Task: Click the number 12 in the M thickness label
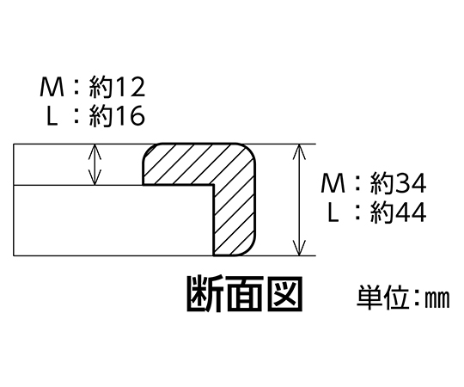point(129,87)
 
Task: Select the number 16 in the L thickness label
point(129,116)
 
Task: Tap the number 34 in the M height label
point(411,183)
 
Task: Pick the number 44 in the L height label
point(411,212)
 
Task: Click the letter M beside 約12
point(52,87)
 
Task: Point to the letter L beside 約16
point(52,116)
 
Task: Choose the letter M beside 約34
point(333,183)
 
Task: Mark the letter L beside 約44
point(333,212)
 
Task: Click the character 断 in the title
point(205,293)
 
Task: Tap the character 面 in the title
point(245,293)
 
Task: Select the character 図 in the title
point(285,293)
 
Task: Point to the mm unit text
point(437,299)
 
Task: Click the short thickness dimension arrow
point(95,164)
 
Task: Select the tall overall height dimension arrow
point(299,200)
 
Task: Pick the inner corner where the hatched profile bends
point(213,186)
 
